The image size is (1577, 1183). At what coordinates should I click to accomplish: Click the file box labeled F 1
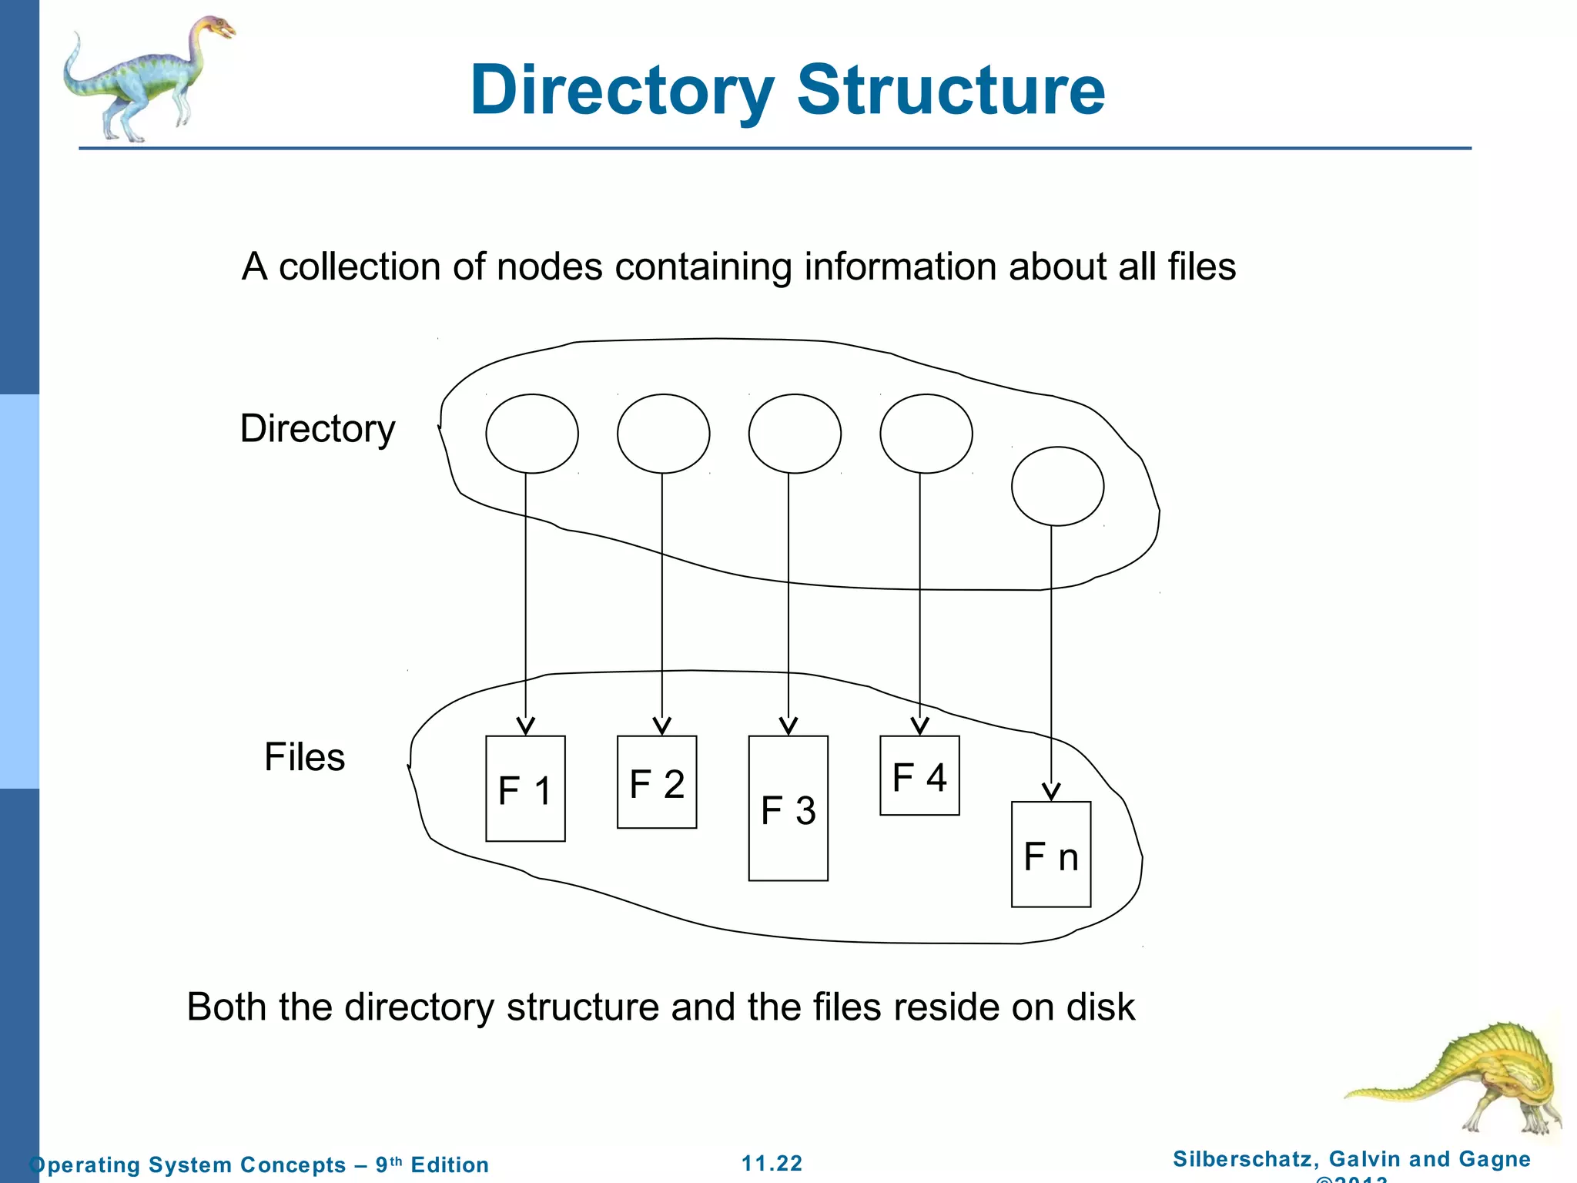tap(525, 788)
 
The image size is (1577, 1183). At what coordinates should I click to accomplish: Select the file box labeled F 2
tap(657, 782)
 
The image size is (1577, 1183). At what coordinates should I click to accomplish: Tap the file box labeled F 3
tap(788, 808)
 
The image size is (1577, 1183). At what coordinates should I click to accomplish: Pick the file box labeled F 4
tap(919, 775)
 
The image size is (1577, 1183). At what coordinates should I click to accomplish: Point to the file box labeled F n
tap(1051, 854)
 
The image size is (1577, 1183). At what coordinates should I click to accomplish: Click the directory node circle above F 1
tap(532, 434)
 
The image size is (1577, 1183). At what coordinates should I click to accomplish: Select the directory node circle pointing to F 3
tap(795, 434)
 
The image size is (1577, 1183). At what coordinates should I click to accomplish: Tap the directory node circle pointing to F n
tap(1057, 486)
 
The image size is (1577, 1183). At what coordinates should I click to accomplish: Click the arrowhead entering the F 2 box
tap(662, 726)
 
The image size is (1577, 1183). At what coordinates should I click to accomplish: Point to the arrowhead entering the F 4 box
tap(920, 726)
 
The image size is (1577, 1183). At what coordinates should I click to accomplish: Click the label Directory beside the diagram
tap(317, 429)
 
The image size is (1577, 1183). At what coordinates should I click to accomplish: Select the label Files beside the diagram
tap(305, 757)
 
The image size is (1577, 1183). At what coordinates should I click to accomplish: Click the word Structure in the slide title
tap(951, 90)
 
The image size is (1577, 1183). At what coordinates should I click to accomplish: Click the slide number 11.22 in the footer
tap(772, 1163)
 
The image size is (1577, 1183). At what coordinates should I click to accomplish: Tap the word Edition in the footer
tap(450, 1165)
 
